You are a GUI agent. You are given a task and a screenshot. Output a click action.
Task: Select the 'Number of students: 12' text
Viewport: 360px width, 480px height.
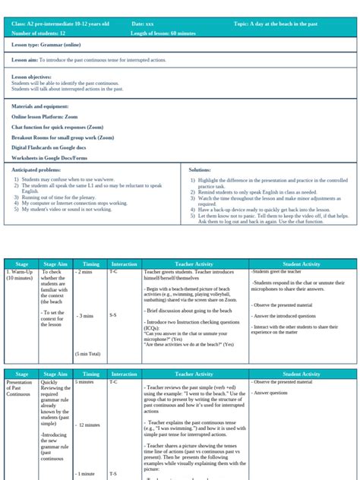coord(39,33)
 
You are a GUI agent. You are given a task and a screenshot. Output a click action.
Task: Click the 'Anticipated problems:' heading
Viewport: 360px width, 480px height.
coord(36,169)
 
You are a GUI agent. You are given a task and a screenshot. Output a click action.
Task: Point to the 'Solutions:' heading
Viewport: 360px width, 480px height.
coord(200,169)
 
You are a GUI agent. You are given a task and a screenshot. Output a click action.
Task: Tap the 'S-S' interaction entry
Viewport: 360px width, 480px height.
coord(112,313)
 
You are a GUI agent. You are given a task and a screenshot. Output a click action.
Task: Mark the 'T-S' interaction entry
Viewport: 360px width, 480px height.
coord(113,473)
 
